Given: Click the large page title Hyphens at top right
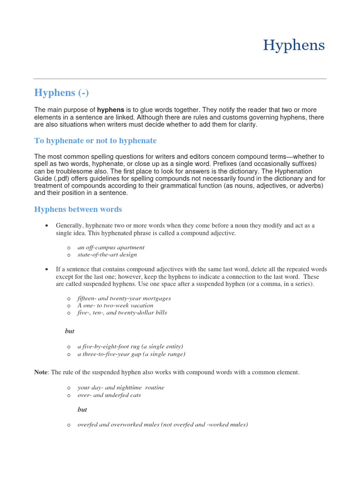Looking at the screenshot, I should pyautogui.click(x=294, y=45).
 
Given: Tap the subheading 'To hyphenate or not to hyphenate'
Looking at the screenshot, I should pyautogui.click(x=95, y=141).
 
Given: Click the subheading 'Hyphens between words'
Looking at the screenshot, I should pyautogui.click(x=78, y=209).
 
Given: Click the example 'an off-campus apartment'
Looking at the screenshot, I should pyautogui.click(x=111, y=247).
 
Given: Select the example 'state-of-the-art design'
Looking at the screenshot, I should pyautogui.click(x=107, y=255).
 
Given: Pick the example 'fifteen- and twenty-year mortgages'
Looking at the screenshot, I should pyautogui.click(x=124, y=298).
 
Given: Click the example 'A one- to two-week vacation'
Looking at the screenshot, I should pyautogui.click(x=115, y=305).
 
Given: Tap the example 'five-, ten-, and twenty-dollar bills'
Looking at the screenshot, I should pyautogui.click(x=122, y=313).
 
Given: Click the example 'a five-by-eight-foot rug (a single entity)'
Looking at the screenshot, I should pyautogui.click(x=130, y=346).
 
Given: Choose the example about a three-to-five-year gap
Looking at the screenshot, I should pyautogui.click(x=131, y=354).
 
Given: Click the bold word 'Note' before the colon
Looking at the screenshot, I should pyautogui.click(x=41, y=372).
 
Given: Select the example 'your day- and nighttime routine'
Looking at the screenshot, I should pyautogui.click(x=121, y=388).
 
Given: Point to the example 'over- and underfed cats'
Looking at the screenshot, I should pyautogui.click(x=109, y=395).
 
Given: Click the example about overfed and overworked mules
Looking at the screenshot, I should pyautogui.click(x=163, y=425).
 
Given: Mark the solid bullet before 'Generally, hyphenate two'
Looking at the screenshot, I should pyautogui.click(x=47, y=226).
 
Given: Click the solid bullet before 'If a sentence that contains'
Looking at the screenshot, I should pyautogui.click(x=47, y=270).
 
